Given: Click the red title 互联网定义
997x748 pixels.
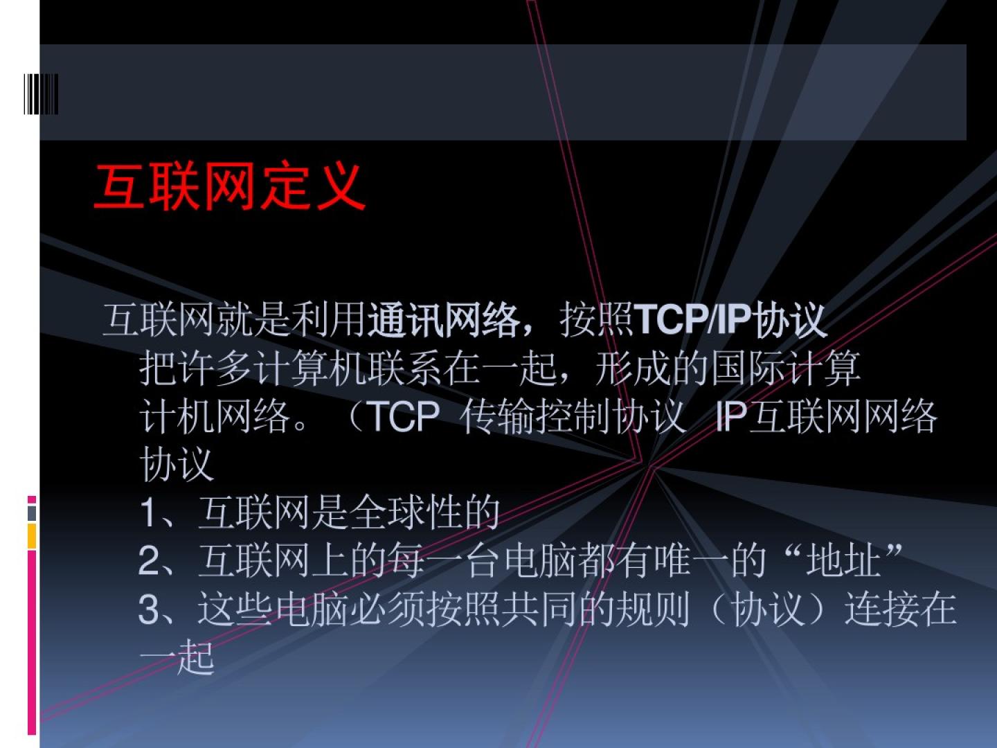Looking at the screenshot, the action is tap(229, 186).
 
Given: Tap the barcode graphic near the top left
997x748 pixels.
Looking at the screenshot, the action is tap(41, 94).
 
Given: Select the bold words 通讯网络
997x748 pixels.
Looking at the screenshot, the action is tap(443, 321).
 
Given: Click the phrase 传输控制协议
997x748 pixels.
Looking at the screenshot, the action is tap(573, 416).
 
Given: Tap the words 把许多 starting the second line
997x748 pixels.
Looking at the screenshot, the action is tap(196, 368).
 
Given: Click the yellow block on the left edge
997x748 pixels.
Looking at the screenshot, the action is tap(32, 536).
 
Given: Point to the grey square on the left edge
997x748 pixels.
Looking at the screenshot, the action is tap(32, 513).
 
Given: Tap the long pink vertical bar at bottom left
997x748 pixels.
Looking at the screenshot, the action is tap(32, 642).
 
